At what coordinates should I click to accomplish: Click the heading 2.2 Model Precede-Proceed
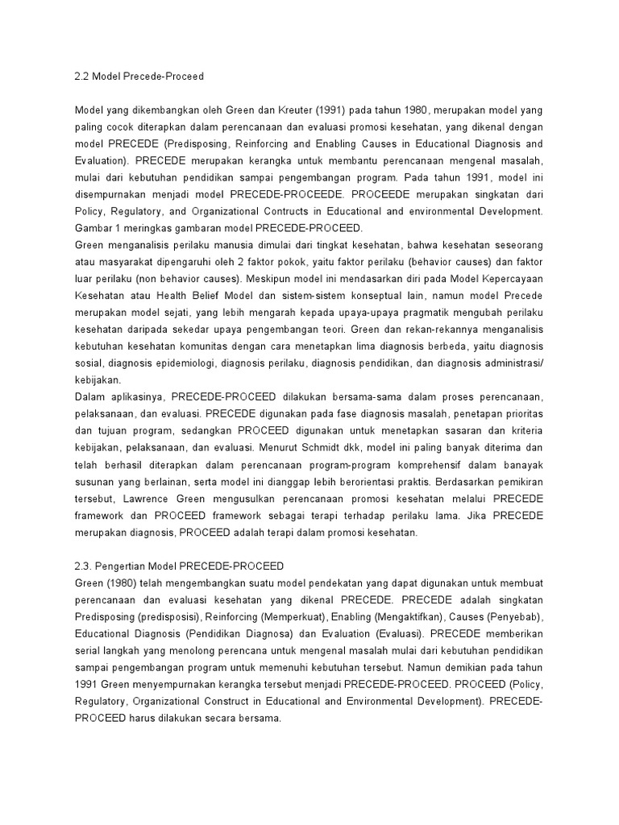pos(139,77)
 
